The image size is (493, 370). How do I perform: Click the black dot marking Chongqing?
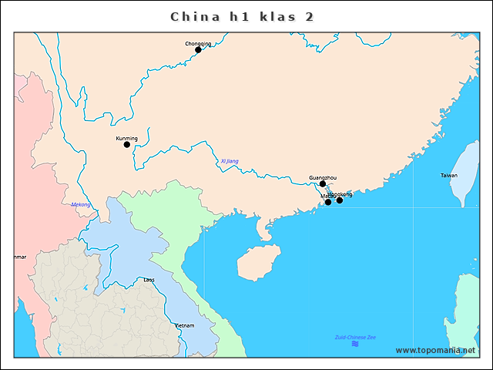coord(198,50)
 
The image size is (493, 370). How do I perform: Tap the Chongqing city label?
coord(198,43)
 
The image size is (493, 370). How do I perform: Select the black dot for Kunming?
coord(127,145)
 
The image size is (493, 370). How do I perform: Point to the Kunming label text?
coord(126,138)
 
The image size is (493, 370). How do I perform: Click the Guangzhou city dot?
coord(323,184)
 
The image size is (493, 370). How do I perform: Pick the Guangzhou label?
coord(323,177)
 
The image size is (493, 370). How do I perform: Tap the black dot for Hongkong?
coord(340,200)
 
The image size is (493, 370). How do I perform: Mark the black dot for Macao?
coord(328,202)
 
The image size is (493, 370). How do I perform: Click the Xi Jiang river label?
coord(230,161)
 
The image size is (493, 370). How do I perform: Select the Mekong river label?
coord(81,204)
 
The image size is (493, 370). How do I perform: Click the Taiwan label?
coord(448,176)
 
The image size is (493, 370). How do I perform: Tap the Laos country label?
coord(149,280)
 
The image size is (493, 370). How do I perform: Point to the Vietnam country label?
coord(184,326)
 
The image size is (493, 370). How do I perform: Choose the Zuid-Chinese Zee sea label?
coord(355,338)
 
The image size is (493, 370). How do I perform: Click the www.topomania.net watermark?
coord(435,350)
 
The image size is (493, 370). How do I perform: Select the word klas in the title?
coord(270,16)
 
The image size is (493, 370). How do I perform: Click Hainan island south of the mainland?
coord(258,263)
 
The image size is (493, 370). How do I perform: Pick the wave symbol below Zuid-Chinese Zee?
coord(355,344)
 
